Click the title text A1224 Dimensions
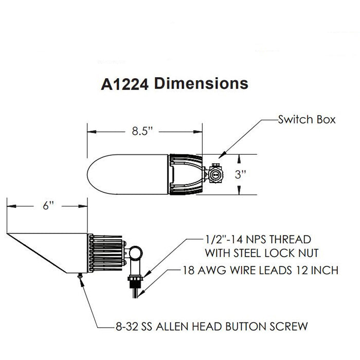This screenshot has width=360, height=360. coord(174,83)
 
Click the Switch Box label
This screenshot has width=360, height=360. coord(307,120)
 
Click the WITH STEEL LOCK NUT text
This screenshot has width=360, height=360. coord(265,253)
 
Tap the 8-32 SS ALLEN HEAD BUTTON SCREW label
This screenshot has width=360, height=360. coord(210,325)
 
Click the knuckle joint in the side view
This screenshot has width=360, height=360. coord(135,253)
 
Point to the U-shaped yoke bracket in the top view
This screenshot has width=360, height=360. coord(185,174)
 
